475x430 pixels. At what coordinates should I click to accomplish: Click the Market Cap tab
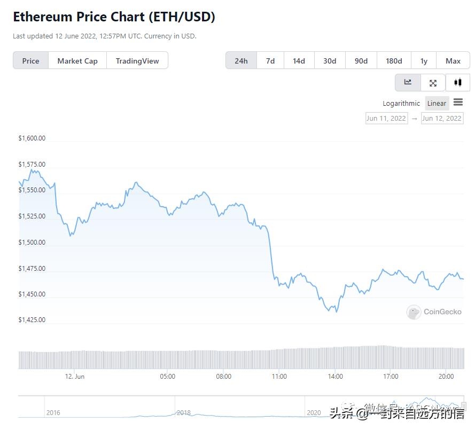click(x=77, y=61)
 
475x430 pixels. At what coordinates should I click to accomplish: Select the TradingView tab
click(x=137, y=61)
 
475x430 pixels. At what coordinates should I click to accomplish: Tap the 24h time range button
click(x=241, y=61)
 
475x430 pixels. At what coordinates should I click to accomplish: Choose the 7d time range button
click(x=270, y=61)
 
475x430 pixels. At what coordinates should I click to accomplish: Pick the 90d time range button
click(x=361, y=61)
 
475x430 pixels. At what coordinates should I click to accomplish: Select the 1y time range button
click(x=424, y=61)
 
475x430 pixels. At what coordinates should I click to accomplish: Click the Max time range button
click(x=453, y=61)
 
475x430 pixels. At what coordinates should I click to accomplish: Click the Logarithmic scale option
click(x=401, y=104)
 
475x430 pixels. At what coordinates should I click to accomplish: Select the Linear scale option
click(x=437, y=104)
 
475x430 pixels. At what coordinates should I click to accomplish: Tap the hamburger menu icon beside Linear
click(x=458, y=103)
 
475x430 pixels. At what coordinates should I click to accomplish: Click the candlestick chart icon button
click(x=457, y=83)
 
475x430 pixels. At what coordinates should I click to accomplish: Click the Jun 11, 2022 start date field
click(x=386, y=119)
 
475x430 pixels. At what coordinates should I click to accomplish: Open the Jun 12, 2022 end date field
click(x=442, y=119)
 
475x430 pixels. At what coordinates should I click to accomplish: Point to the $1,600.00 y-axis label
click(x=32, y=138)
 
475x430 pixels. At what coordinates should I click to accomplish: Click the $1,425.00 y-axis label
click(x=32, y=320)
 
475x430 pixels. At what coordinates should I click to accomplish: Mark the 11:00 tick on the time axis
click(x=279, y=377)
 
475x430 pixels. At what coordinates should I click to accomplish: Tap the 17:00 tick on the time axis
click(x=391, y=377)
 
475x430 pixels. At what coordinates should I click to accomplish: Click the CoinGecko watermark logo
click(x=414, y=312)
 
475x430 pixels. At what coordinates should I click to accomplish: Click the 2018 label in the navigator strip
click(x=184, y=413)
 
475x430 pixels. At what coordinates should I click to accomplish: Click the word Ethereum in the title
click(x=42, y=17)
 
